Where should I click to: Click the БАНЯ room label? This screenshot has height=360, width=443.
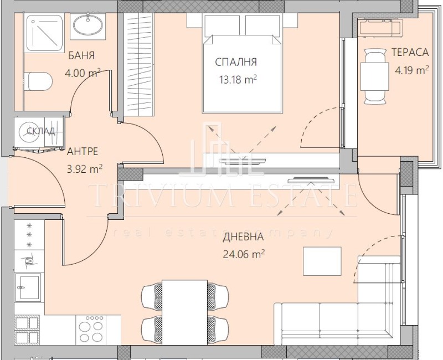click(x=82, y=55)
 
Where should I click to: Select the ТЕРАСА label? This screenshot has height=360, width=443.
click(x=410, y=52)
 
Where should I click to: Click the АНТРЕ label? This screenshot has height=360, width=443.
click(x=83, y=150)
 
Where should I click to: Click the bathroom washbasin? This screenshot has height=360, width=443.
click(x=87, y=25)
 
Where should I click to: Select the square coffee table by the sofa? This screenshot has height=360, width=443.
click(x=322, y=261)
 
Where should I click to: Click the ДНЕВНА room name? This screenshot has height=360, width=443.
click(x=243, y=238)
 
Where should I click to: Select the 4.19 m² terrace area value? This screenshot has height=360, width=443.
click(x=411, y=70)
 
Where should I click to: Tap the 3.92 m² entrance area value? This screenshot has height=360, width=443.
click(x=84, y=169)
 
